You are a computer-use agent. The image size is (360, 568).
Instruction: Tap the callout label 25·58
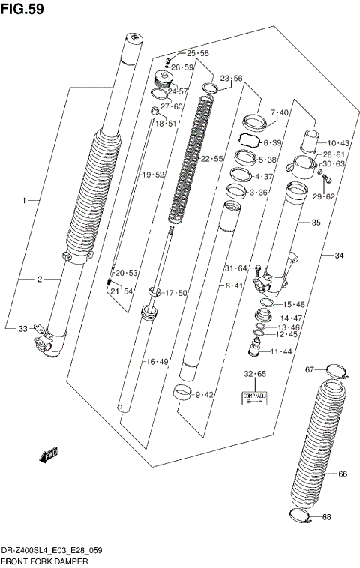(197, 53)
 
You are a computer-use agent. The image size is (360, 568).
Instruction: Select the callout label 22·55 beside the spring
(212, 159)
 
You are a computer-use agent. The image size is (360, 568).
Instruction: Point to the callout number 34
(339, 256)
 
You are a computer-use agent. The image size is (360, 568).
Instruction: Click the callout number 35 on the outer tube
(316, 223)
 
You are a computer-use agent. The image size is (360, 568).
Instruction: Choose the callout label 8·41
(235, 285)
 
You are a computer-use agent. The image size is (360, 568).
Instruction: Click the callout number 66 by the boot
(343, 474)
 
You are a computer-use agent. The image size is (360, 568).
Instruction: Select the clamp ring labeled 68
(300, 516)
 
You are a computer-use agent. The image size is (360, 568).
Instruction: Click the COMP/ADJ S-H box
(254, 398)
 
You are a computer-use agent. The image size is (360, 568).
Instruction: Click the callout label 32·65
(255, 373)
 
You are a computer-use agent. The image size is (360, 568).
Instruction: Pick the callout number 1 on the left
(24, 201)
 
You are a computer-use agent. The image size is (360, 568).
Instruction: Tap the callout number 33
(22, 328)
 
